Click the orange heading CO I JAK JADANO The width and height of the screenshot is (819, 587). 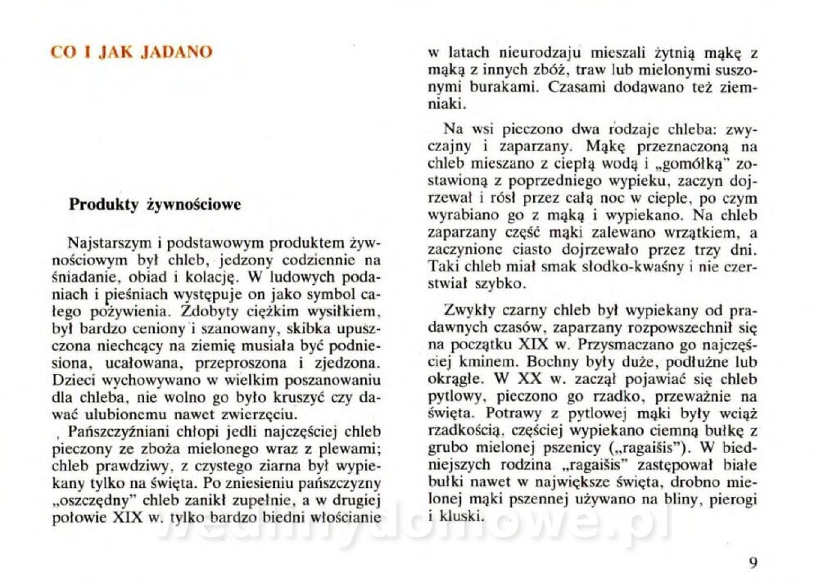pyautogui.click(x=131, y=52)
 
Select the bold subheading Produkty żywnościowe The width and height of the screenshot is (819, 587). pyautogui.click(x=155, y=205)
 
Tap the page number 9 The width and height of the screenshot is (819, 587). pyautogui.click(x=753, y=562)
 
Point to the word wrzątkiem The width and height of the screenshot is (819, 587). pyautogui.click(x=677, y=234)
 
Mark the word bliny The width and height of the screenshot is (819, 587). pyautogui.click(x=679, y=499)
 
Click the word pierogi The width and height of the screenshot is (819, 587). pyautogui.click(x=733, y=499)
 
